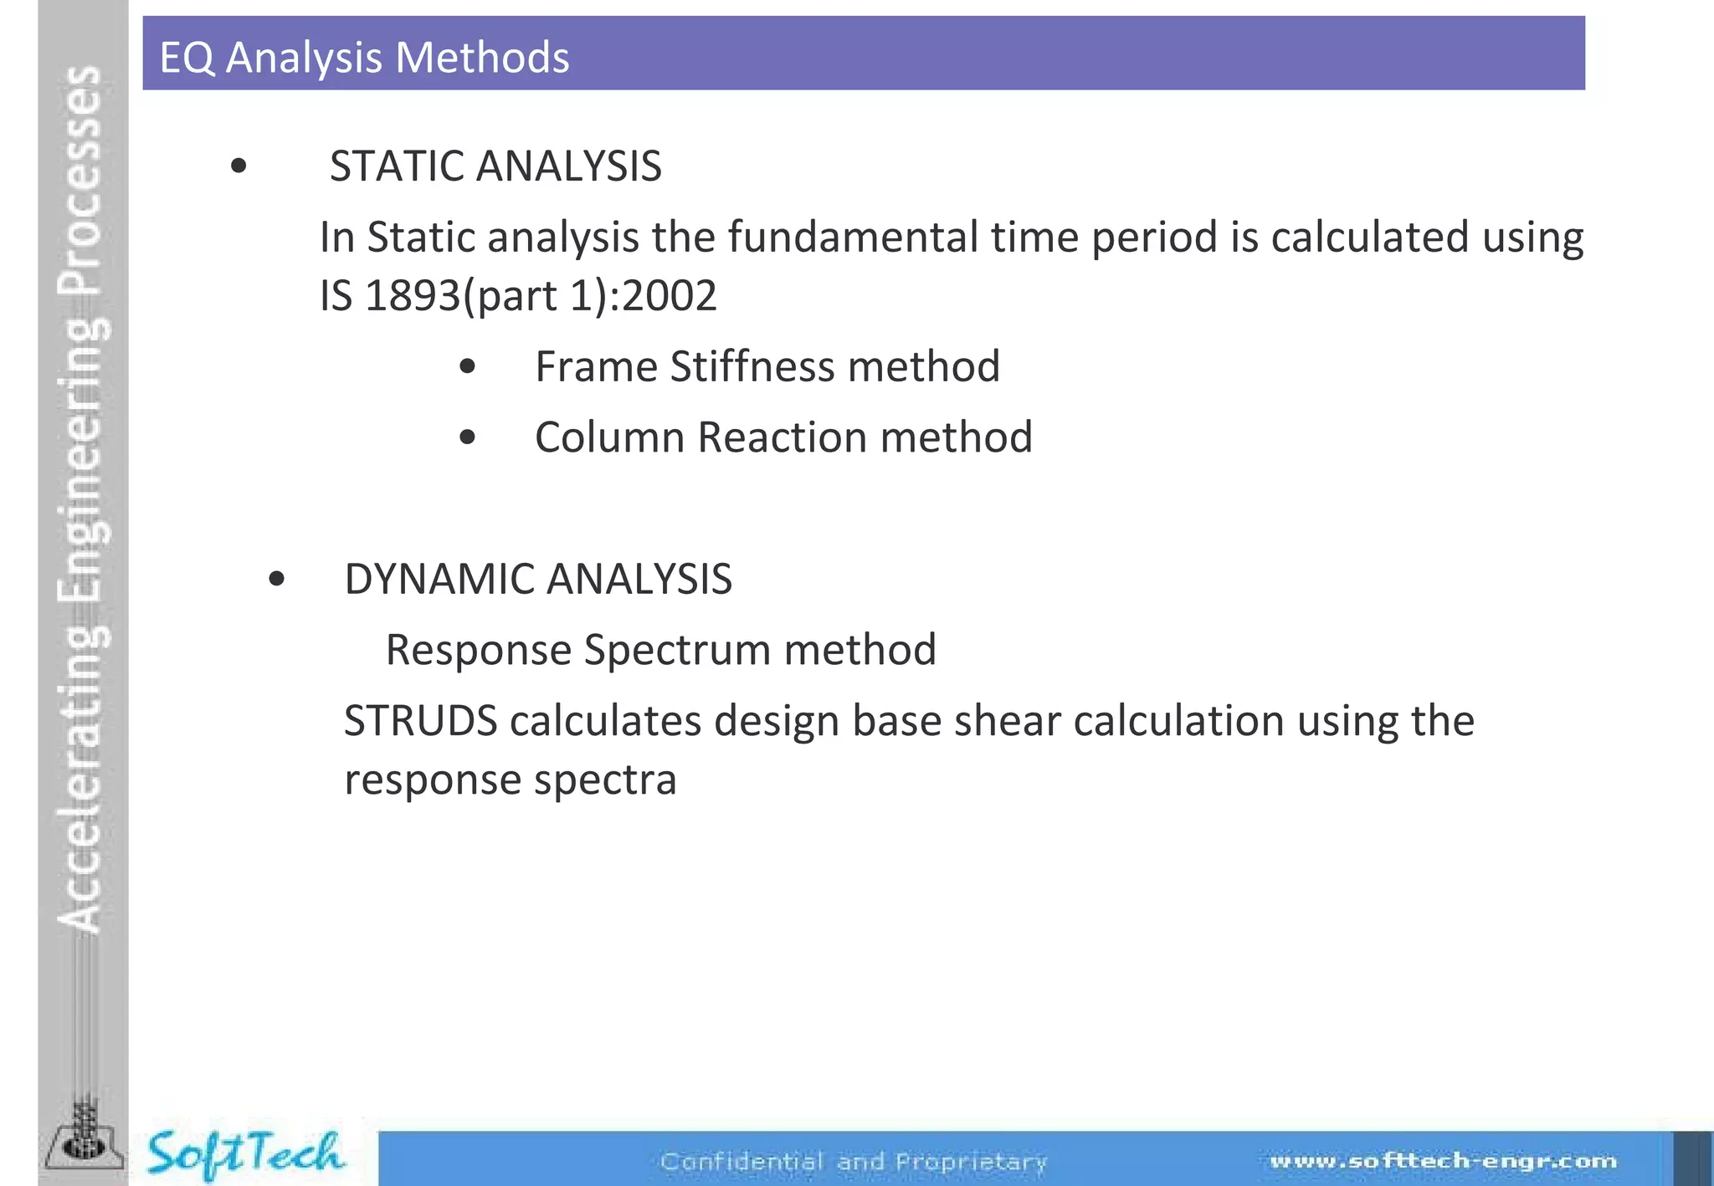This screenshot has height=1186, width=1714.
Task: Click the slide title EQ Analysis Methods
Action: click(364, 58)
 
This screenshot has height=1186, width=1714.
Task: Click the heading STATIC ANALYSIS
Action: click(495, 166)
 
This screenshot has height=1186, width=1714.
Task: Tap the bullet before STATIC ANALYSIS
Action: click(239, 166)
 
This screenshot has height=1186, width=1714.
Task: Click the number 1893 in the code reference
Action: click(413, 295)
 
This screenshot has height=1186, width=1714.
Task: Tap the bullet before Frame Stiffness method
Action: click(468, 366)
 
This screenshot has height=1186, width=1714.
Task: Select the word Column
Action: click(609, 437)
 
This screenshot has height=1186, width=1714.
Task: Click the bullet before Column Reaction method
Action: click(468, 437)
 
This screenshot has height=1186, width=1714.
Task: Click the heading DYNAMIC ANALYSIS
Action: click(538, 579)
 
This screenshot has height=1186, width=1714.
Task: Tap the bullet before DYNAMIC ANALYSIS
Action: click(277, 579)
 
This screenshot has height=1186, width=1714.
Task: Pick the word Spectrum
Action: click(677, 650)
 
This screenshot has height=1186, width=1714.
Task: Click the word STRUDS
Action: click(420, 721)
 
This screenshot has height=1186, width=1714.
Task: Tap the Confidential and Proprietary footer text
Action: click(854, 1162)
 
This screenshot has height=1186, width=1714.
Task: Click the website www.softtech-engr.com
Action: click(1444, 1161)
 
